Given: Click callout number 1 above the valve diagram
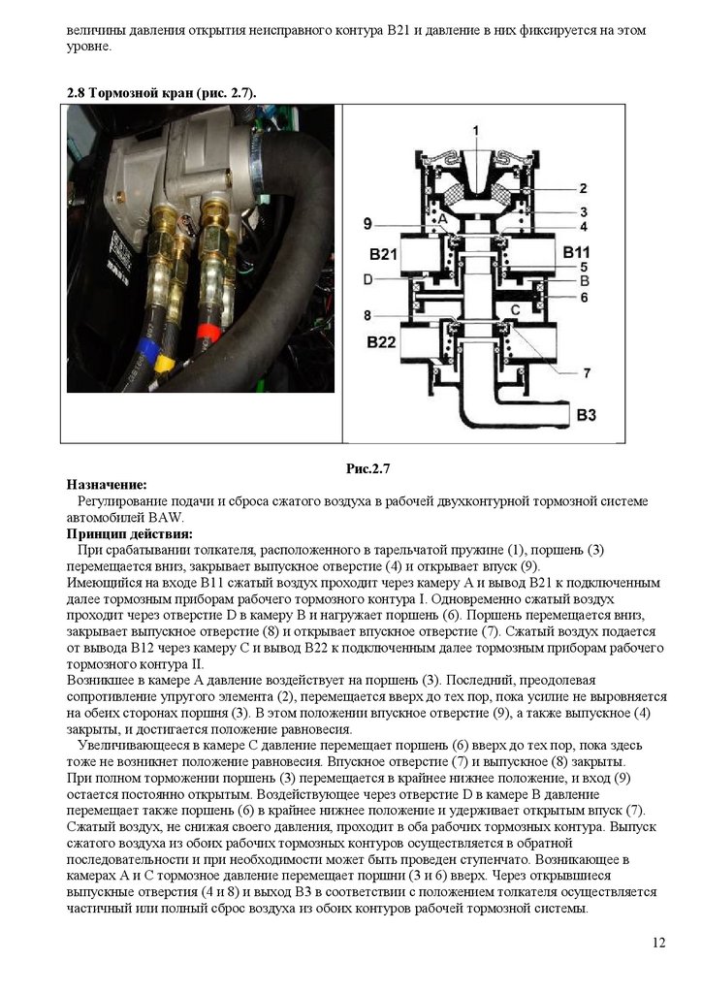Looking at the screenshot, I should tap(475, 129).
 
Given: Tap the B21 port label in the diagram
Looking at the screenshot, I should tap(385, 254).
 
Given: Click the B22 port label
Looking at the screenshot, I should tap(384, 342).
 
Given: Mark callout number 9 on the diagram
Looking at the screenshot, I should tap(367, 224).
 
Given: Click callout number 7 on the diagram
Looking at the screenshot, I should tap(587, 371).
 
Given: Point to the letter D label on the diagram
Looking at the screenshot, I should tap(367, 279).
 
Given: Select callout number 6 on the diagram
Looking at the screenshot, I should tap(584, 298).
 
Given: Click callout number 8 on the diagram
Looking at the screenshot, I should tap(367, 315).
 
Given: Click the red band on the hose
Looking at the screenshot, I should tap(207, 331).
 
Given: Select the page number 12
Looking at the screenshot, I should tap(659, 944).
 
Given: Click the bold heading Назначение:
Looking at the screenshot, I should tap(107, 484).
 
